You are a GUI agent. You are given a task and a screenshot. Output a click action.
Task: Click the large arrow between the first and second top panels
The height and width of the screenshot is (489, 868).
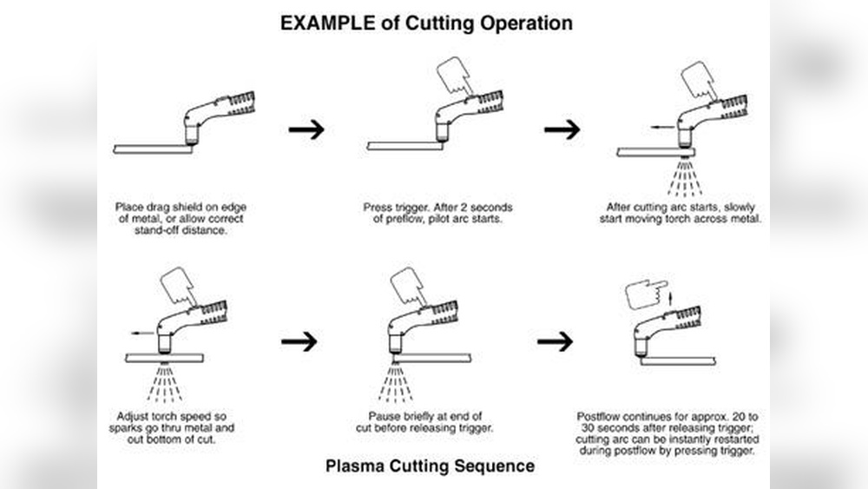[306, 129]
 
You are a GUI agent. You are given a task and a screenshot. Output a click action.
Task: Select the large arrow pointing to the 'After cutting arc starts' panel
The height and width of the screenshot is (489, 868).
[562, 129]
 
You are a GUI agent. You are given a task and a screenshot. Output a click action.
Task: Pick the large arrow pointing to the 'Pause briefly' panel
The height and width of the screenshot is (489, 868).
[299, 340]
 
